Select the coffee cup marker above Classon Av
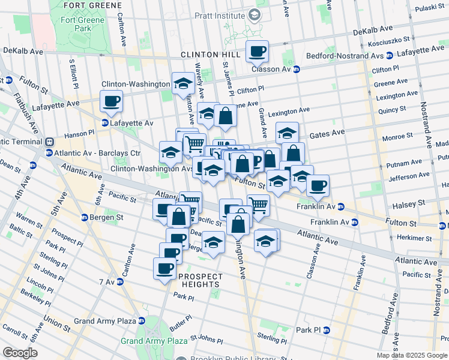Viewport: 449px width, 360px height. (x=257, y=52)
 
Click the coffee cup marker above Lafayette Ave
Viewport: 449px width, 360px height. (x=111, y=101)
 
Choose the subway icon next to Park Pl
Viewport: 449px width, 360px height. (x=326, y=330)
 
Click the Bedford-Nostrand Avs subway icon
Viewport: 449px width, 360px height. (x=389, y=55)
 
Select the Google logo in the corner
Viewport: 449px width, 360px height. (x=20, y=352)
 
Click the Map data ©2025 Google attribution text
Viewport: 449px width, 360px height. (x=412, y=355)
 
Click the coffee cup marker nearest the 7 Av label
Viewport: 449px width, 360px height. (x=164, y=268)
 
